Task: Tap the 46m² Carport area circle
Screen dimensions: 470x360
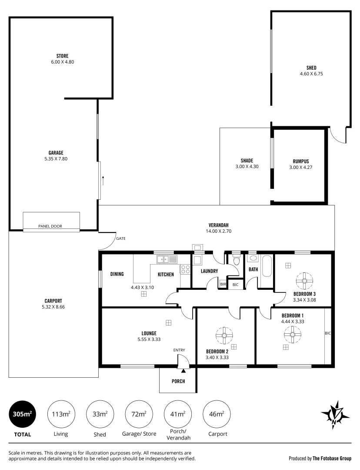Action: pyautogui.click(x=217, y=413)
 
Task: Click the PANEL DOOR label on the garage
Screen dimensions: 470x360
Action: pyautogui.click(x=50, y=226)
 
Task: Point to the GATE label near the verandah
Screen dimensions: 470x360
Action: pyautogui.click(x=120, y=239)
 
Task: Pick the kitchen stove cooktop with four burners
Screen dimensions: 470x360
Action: pyautogui.click(x=185, y=269)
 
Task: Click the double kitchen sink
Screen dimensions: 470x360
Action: pyautogui.click(x=167, y=260)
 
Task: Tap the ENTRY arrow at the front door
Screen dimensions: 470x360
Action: pyautogui.click(x=183, y=371)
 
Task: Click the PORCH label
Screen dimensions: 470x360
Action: pyautogui.click(x=178, y=382)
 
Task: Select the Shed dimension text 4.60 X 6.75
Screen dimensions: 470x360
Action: pyautogui.click(x=311, y=74)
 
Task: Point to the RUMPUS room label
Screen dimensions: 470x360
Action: pyautogui.click(x=299, y=161)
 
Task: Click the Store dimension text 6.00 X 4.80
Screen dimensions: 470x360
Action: pyautogui.click(x=62, y=62)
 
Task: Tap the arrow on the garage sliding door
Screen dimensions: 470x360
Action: pyautogui.click(x=103, y=180)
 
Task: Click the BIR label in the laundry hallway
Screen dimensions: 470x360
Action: pyautogui.click(x=223, y=284)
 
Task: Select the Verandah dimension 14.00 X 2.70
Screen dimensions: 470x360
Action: pyautogui.click(x=219, y=231)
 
